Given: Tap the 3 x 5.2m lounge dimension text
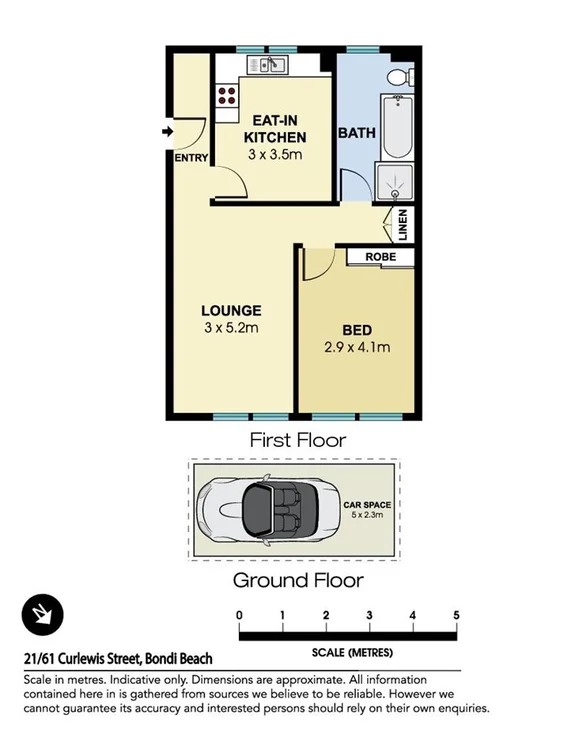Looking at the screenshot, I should tap(232, 328).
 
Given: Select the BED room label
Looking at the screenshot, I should tap(357, 330).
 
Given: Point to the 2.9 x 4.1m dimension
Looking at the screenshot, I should tap(357, 348).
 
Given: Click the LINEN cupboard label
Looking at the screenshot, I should tap(403, 226).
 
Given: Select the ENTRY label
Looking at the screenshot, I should tap(191, 158).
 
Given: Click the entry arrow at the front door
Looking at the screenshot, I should tap(167, 131).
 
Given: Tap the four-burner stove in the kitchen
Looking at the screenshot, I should tap(227, 96).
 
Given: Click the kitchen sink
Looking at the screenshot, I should tap(270, 66).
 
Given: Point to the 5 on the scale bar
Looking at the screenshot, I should tap(456, 614).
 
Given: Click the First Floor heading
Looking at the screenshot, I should tap(297, 439).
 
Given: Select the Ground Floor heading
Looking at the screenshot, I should tap(297, 580).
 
